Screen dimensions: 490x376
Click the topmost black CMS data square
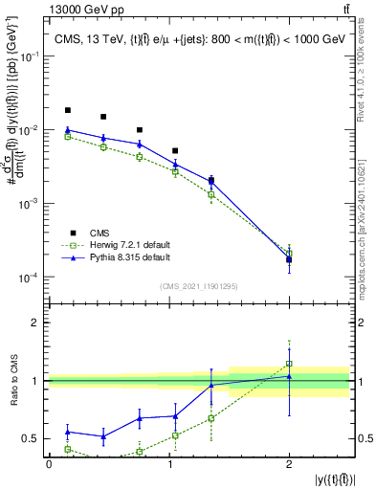tap(67, 110)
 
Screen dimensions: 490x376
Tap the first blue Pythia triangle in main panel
tap(67, 129)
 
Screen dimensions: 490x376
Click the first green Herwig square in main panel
tap(67, 137)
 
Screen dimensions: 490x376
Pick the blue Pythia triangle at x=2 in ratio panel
tap(289, 376)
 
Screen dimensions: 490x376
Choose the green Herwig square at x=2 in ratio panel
tap(289, 364)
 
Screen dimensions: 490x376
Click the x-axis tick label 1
tap(168, 462)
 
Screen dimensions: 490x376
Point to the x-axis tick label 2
tap(289, 462)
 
